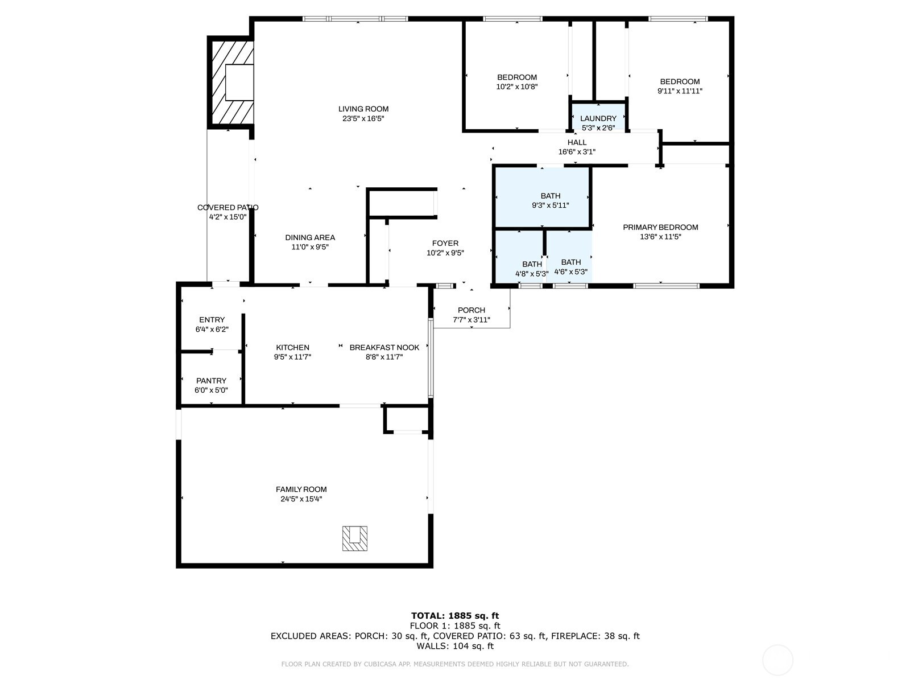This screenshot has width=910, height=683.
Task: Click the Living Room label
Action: (363, 109)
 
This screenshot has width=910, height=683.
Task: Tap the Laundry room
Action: (598, 118)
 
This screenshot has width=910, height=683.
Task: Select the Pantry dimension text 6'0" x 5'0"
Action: (211, 390)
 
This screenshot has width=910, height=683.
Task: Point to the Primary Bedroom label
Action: (660, 227)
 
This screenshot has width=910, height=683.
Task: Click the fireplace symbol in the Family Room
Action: (354, 538)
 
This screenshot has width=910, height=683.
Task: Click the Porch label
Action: (471, 310)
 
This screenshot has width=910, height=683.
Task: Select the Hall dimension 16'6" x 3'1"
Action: (577, 152)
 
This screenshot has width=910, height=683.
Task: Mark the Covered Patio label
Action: (227, 207)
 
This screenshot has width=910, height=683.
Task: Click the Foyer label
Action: (445, 243)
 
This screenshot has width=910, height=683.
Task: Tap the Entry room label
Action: (212, 320)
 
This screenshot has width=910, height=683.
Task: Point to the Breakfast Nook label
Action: (384, 347)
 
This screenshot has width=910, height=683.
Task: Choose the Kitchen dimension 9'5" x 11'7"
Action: (292, 357)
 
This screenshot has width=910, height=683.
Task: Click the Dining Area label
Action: (310, 237)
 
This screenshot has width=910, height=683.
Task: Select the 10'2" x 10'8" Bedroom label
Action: (516, 77)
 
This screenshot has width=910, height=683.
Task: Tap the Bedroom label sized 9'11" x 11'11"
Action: (680, 81)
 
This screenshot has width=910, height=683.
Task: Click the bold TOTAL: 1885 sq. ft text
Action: (455, 615)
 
